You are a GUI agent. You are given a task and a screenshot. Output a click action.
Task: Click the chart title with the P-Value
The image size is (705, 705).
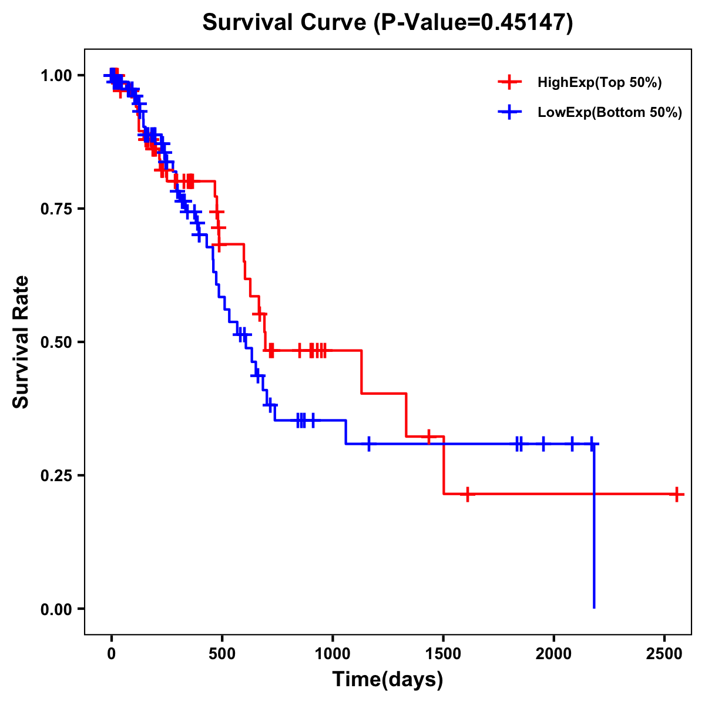(x=387, y=23)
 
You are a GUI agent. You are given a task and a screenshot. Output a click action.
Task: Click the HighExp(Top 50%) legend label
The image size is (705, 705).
(x=600, y=83)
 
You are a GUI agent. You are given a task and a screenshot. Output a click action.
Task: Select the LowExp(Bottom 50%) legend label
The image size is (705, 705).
(x=610, y=113)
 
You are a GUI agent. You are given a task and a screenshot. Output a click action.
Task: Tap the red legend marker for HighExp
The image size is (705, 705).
(x=509, y=83)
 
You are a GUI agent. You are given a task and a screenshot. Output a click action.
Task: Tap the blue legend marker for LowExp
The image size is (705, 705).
(x=509, y=113)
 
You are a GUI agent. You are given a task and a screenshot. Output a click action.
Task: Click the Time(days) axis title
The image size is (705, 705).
(x=388, y=680)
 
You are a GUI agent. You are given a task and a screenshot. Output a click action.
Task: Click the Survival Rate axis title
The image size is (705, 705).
(x=21, y=342)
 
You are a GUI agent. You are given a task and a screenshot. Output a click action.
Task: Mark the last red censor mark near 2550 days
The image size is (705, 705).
(x=677, y=494)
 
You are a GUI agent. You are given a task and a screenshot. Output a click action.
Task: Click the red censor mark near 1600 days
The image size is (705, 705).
(x=467, y=494)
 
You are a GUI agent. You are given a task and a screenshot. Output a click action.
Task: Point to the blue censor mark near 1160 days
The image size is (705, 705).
(x=369, y=444)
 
